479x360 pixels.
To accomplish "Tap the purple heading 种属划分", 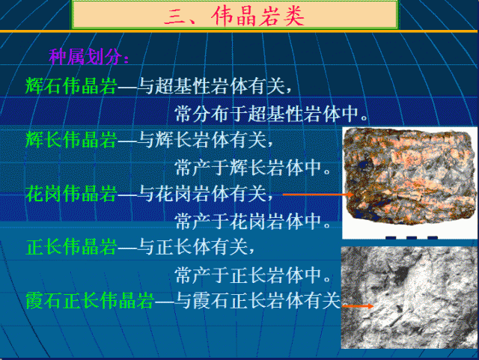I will pyautogui.click(x=89, y=57).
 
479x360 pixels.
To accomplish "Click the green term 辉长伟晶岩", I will pyautogui.click(x=71, y=139).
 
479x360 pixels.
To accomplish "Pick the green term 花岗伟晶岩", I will pyautogui.click(x=71, y=195).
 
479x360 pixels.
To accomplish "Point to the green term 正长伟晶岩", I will pyautogui.click(x=71, y=246).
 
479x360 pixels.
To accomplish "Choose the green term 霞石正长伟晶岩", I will pyautogui.click(x=89, y=301).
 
